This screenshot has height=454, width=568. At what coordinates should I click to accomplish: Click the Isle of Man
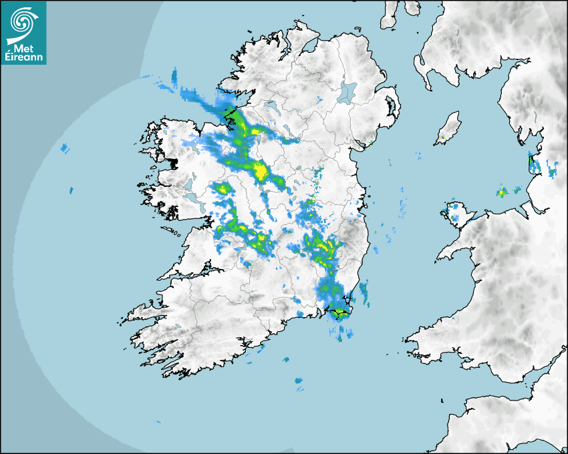tap(449, 127)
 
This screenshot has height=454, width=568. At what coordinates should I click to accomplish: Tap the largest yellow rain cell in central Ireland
tap(261, 172)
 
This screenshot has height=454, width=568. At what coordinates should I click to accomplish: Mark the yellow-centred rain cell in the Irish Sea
tap(501, 192)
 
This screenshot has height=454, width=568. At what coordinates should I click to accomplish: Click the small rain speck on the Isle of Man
tap(442, 138)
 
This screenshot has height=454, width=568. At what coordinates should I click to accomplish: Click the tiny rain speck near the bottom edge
tap(158, 422)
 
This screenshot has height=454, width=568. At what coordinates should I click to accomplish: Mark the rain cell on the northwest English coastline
tap(535, 164)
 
